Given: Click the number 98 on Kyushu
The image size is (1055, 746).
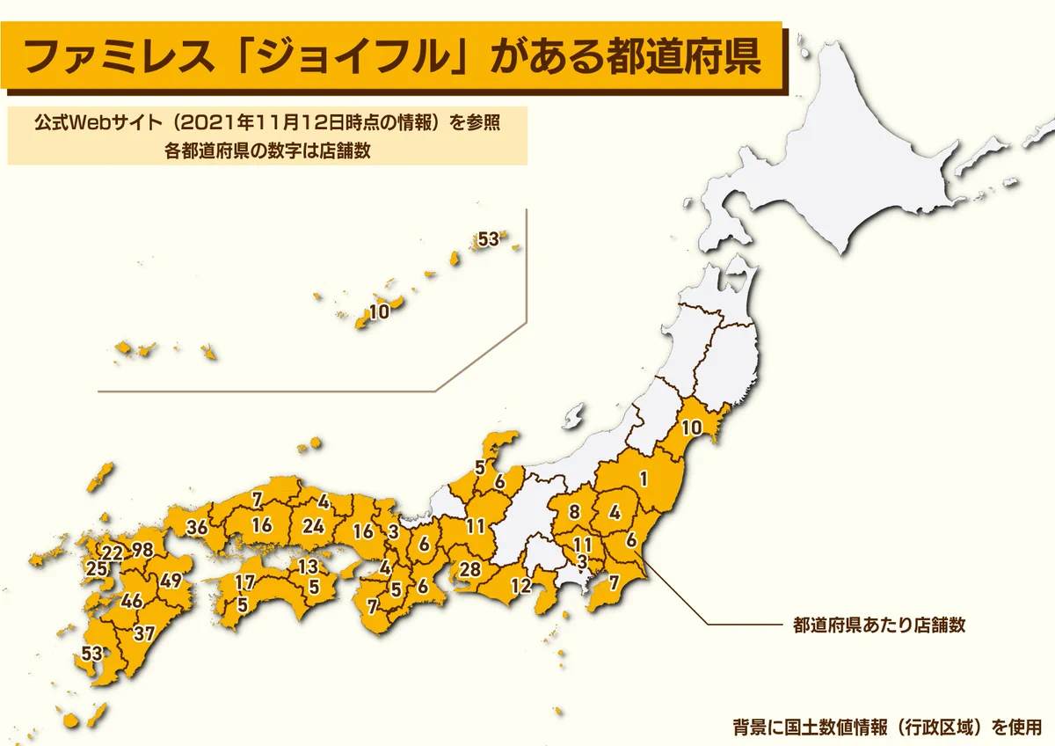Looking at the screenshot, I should pos(142,552).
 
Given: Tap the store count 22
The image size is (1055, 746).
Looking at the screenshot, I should pos(112,553).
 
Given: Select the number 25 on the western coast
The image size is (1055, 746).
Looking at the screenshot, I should pos(97,571).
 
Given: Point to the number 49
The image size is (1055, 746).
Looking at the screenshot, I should pos(171,581).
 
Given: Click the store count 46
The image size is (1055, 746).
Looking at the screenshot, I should pos(132,603).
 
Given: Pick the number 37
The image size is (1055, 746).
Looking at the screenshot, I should pos(144,633).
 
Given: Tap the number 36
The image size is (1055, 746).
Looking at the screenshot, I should pos(197,529).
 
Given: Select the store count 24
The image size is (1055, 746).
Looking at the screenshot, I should pos(313,526).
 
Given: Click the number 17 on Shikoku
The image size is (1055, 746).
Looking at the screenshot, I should pos(245,582).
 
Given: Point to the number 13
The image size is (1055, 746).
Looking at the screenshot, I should pos(308,566).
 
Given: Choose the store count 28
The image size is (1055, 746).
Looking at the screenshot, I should pos(470,569).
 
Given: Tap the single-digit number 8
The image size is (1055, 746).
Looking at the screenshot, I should pos(574,512).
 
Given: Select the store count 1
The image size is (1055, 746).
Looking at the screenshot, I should pos(644,479).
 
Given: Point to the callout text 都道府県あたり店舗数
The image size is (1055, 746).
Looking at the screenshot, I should pos(879,625).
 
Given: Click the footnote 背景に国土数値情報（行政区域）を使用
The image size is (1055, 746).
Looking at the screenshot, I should pos(887,728).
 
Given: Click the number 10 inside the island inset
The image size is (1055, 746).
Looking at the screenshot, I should pos(379,312).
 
